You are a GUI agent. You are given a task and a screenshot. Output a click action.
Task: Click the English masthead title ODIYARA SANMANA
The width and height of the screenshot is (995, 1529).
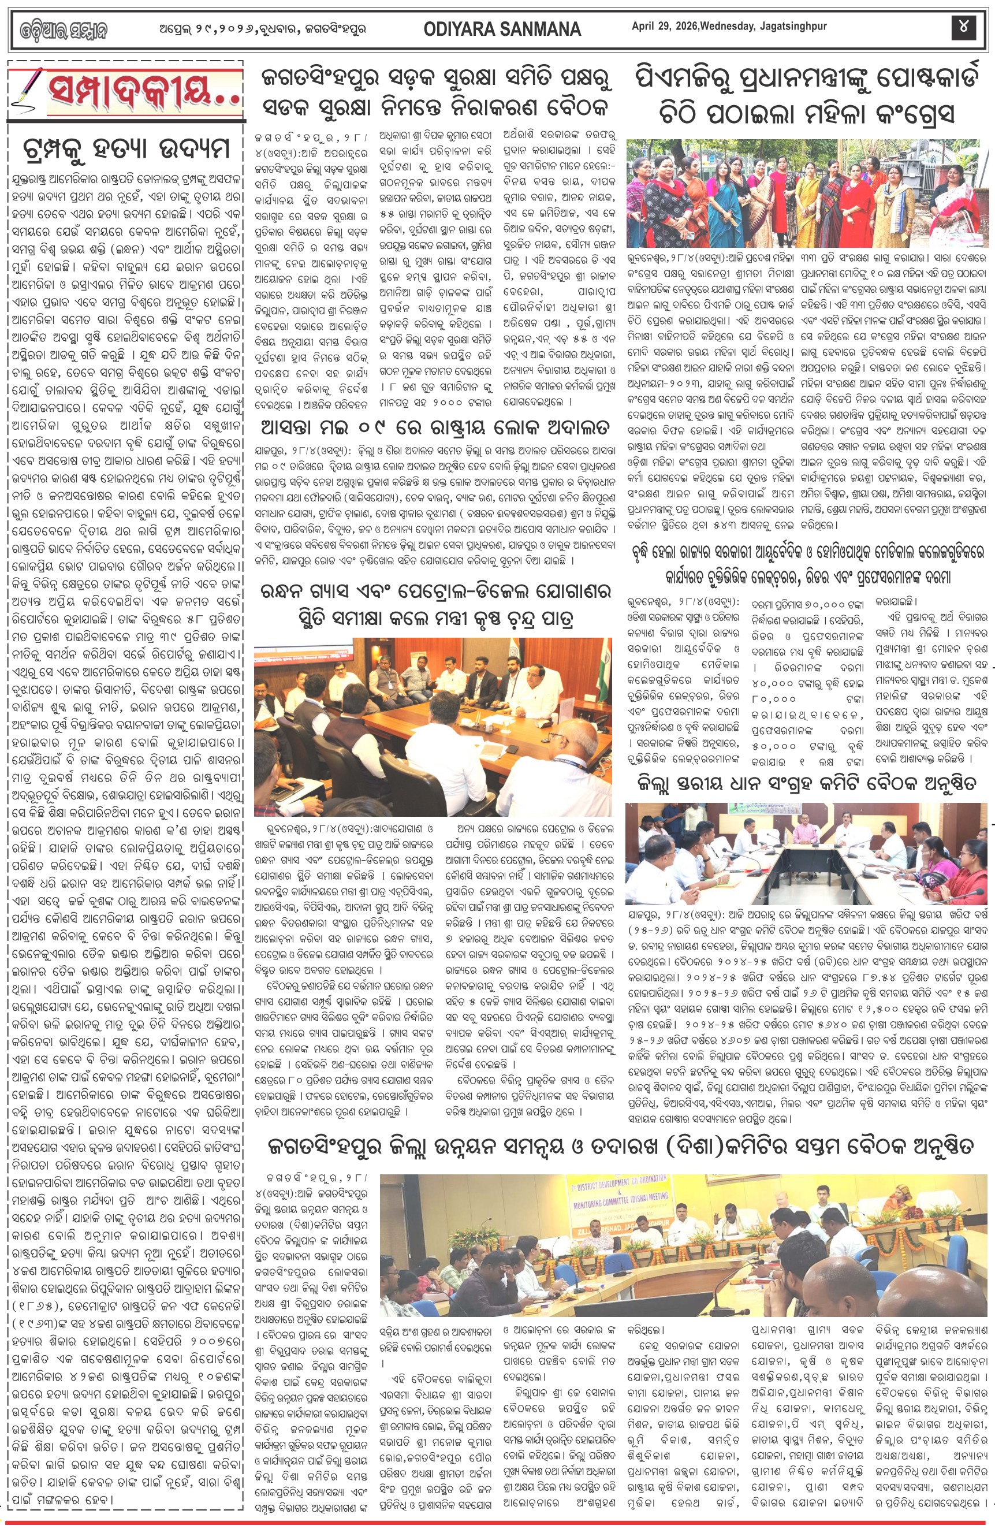click(x=502, y=29)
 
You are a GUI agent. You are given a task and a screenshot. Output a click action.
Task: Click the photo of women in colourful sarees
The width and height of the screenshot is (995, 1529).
click(x=807, y=194)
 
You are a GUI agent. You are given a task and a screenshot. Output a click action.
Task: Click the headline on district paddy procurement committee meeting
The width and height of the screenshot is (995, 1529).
click(x=807, y=783)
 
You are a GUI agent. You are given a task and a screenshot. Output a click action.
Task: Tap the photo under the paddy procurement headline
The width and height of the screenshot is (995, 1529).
click(x=807, y=853)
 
